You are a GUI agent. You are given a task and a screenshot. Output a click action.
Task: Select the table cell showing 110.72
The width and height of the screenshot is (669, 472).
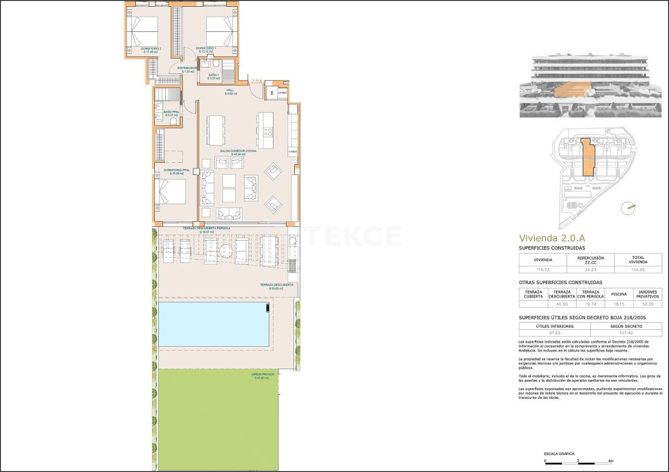pos(542,269)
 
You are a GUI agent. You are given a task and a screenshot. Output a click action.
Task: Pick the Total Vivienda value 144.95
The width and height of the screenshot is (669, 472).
pos(638,269)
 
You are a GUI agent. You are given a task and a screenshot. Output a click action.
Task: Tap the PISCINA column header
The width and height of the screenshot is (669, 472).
pos(618,294)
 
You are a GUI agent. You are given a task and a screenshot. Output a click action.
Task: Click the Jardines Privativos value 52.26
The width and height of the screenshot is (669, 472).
pos(647,304)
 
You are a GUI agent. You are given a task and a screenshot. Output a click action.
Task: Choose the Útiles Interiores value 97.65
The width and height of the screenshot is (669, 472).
pos(554,333)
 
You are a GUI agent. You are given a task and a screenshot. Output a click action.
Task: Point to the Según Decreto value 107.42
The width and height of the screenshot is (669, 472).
pos(626,333)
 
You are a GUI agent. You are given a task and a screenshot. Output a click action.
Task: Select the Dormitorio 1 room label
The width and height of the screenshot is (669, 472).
pos(206,50)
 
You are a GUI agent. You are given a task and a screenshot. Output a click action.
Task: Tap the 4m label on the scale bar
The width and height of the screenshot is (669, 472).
pos(610,461)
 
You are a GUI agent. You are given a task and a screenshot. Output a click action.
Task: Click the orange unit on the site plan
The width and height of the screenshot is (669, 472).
pos(587,157)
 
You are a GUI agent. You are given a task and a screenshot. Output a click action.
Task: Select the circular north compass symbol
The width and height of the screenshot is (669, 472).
pos(627,208)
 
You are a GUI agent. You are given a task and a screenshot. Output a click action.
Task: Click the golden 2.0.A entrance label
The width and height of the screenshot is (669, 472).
pos(257,81)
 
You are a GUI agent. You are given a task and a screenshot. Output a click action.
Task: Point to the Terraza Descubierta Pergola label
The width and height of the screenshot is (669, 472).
pos(206,229)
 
